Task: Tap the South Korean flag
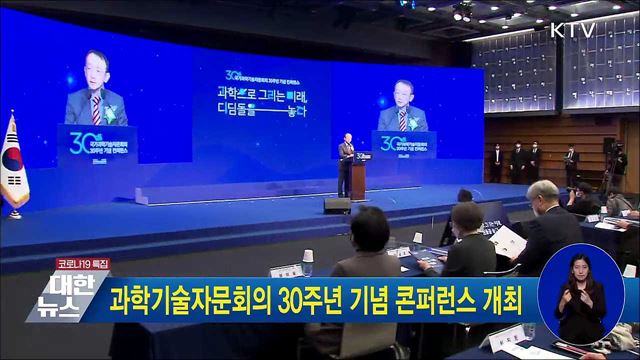pyautogui.click(x=14, y=160)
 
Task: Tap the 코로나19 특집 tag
pyautogui.click(x=81, y=263)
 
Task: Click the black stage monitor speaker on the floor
pyautogui.click(x=337, y=205)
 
